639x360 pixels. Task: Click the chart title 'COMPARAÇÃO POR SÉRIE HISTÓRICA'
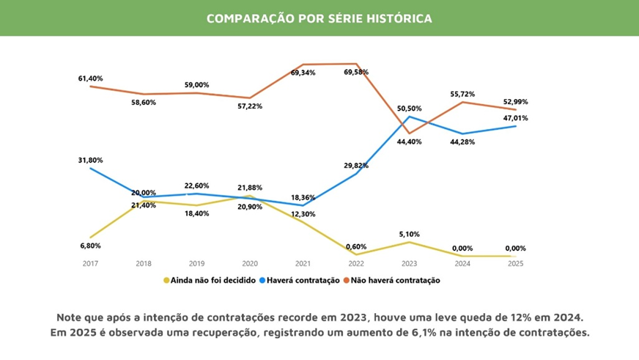[319, 18]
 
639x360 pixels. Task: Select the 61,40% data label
[91, 78]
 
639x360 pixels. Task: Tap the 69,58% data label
[356, 72]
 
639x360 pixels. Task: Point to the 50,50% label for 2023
[410, 108]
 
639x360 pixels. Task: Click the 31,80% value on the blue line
[91, 160]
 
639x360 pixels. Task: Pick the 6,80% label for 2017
[91, 246]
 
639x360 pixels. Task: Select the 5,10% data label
[410, 235]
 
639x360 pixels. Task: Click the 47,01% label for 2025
[516, 117]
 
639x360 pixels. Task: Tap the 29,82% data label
[356, 166]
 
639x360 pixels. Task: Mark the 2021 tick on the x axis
[303, 262]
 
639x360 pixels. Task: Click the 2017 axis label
[91, 262]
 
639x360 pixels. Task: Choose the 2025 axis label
[516, 262]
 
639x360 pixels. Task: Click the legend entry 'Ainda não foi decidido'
[209, 280]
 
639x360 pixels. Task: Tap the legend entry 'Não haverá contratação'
[392, 280]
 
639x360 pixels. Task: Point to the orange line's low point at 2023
[410, 133]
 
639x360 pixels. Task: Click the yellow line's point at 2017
[91, 238]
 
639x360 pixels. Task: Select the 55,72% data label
[463, 95]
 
